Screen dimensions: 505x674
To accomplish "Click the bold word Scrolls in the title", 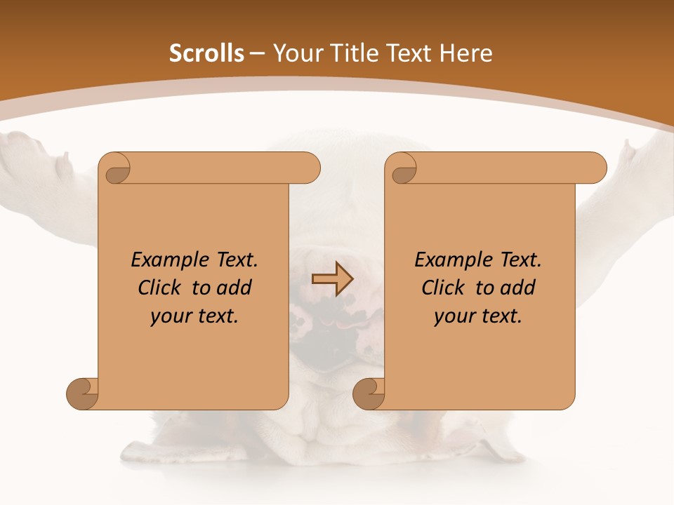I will click(206, 53).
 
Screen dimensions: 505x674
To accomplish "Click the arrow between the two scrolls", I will click(332, 279).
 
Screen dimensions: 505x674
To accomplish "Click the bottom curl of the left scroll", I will click(83, 393).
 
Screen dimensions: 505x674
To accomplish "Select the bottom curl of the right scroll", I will click(369, 393).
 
